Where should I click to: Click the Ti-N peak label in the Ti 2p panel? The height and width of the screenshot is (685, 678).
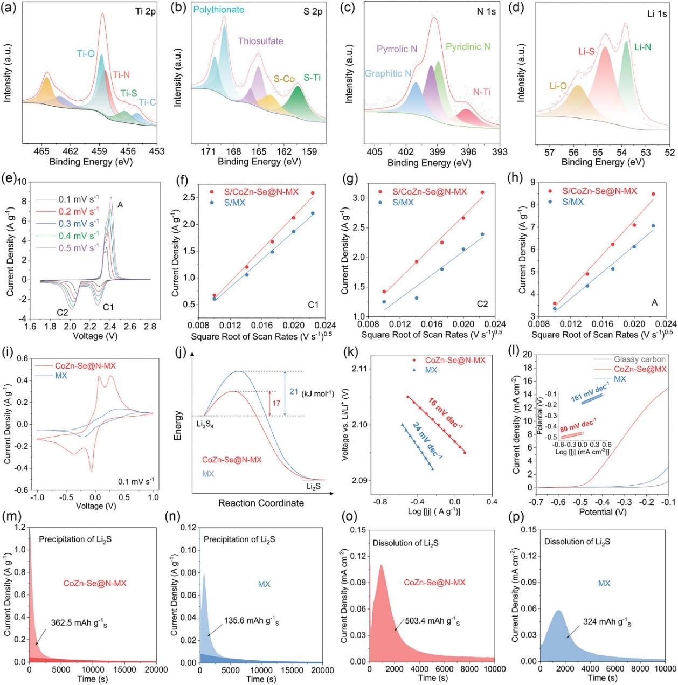121,74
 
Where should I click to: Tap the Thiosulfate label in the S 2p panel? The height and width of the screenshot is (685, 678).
260,41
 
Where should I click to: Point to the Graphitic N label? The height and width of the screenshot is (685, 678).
388,73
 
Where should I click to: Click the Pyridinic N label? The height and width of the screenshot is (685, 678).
468,46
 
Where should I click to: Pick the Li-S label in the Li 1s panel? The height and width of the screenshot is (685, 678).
586,52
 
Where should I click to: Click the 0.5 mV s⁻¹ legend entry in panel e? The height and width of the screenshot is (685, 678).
67,247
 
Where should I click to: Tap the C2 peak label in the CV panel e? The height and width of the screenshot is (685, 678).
63,312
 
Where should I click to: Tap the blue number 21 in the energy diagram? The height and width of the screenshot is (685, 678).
294,392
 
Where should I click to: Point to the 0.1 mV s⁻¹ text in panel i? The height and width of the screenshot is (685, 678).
136,481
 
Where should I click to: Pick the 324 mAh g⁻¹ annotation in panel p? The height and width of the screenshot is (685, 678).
607,622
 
